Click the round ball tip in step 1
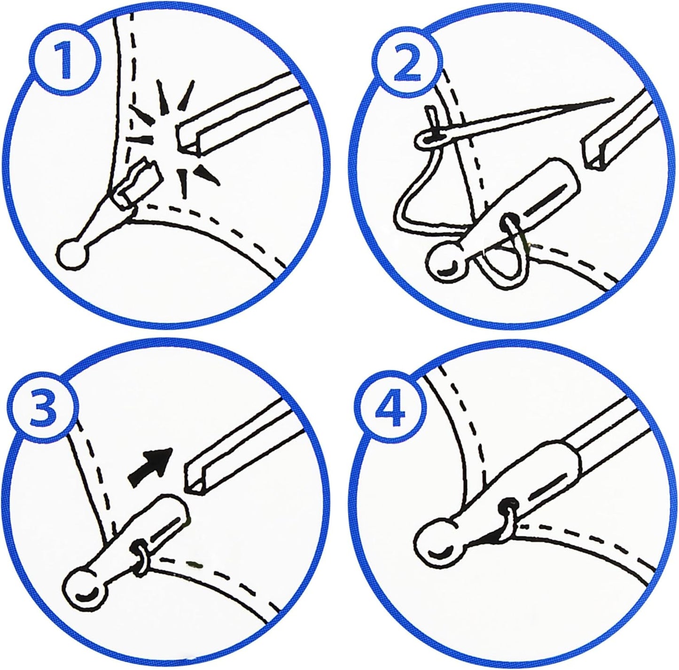click(72, 254)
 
